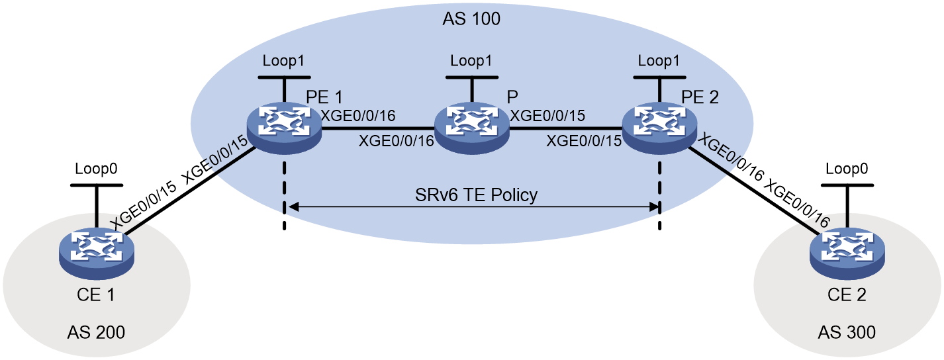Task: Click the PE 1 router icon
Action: [x=284, y=128]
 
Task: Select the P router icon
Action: [x=471, y=128]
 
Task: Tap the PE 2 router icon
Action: [x=659, y=128]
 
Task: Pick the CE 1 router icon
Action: [x=97, y=254]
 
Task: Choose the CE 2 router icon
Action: [x=847, y=254]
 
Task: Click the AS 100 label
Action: [x=471, y=19]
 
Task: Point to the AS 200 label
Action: [x=96, y=333]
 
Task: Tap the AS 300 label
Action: [x=847, y=333]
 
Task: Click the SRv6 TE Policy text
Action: [x=476, y=195]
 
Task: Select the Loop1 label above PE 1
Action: [x=283, y=61]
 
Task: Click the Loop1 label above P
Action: [x=471, y=61]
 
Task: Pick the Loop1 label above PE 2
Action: [x=659, y=61]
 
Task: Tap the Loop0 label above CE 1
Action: [x=96, y=169]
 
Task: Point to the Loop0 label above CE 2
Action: [x=847, y=169]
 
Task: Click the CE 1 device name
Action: [x=96, y=294]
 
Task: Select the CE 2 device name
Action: [x=847, y=294]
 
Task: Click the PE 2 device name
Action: [x=700, y=97]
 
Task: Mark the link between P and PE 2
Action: [x=566, y=128]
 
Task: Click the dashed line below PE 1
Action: [x=285, y=195]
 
